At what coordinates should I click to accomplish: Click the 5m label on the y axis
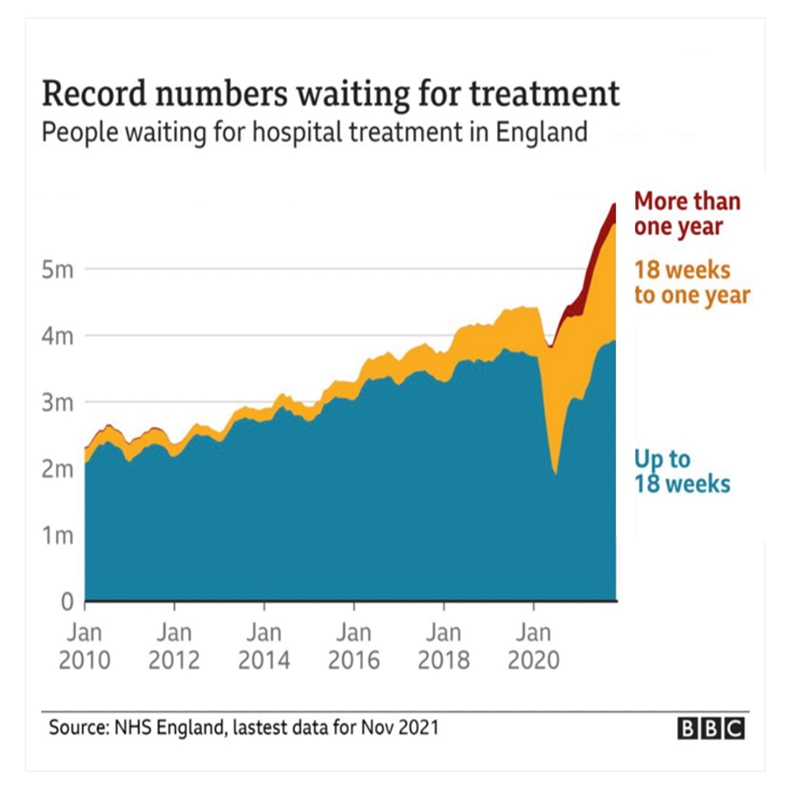(x=58, y=269)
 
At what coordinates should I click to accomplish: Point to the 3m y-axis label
(x=58, y=402)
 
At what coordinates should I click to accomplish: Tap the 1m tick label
(x=58, y=536)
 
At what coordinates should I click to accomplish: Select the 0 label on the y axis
(x=68, y=602)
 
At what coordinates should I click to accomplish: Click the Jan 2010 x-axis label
(x=84, y=646)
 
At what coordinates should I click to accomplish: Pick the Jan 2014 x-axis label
(x=264, y=646)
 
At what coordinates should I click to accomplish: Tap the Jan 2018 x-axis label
(x=443, y=646)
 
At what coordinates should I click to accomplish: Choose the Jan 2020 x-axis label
(x=534, y=646)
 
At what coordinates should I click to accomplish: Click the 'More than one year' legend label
(x=686, y=213)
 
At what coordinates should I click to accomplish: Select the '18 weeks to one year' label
(x=691, y=282)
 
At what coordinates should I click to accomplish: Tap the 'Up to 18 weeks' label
(x=682, y=471)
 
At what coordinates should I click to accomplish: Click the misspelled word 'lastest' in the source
(x=256, y=727)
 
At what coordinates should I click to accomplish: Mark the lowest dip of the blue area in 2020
(x=555, y=473)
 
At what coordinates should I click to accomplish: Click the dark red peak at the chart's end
(x=614, y=205)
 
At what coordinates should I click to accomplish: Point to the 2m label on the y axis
(x=58, y=469)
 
